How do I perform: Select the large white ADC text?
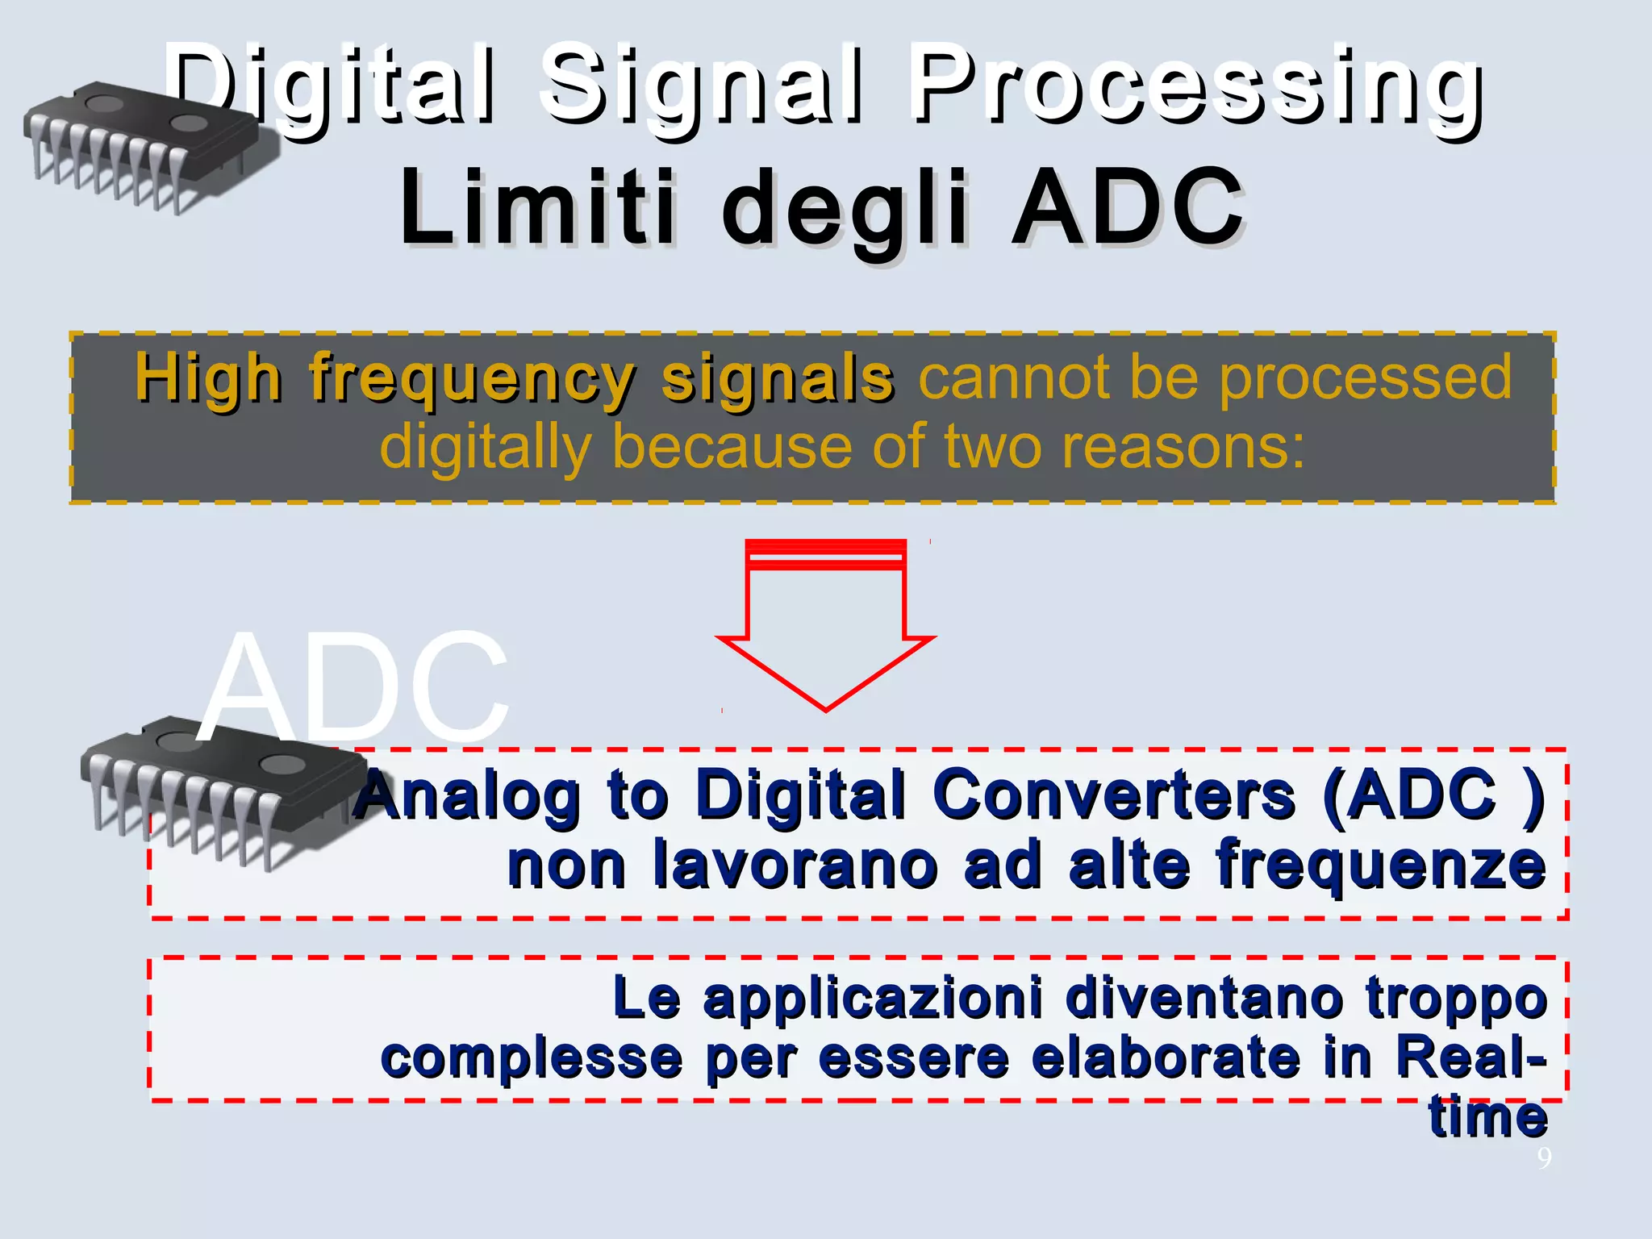point(355,686)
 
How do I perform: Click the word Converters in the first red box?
point(1113,795)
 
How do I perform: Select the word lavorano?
point(795,865)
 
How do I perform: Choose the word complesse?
point(532,1058)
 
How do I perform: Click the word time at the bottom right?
point(1488,1117)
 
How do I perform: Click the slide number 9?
point(1543,1158)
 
